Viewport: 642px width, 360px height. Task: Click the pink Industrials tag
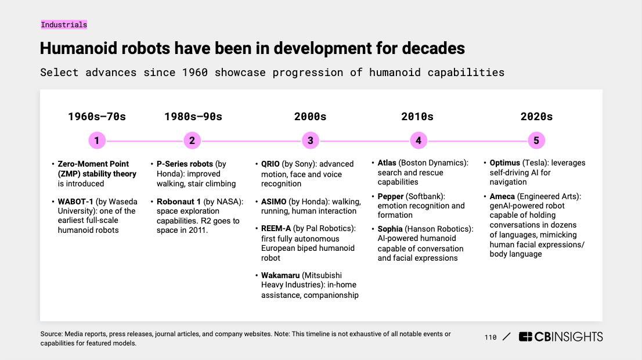point(64,25)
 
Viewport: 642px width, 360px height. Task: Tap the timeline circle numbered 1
point(96,141)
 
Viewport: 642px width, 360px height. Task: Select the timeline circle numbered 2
point(192,141)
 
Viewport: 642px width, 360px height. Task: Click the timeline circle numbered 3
point(311,141)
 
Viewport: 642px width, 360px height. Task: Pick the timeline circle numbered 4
point(418,141)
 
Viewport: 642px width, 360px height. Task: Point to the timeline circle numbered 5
point(536,141)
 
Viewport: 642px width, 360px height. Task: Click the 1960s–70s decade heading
point(96,117)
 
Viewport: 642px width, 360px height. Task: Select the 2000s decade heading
point(311,117)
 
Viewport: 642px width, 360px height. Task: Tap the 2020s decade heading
point(536,117)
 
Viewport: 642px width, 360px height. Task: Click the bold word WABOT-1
point(75,202)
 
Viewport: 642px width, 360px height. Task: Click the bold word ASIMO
point(274,202)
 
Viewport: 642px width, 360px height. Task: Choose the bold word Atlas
point(387,163)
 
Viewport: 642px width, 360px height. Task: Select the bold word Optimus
point(505,163)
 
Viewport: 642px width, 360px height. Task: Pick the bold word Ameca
point(502,197)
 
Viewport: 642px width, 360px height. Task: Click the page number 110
point(490,337)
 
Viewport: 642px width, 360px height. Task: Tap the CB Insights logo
point(561,337)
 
